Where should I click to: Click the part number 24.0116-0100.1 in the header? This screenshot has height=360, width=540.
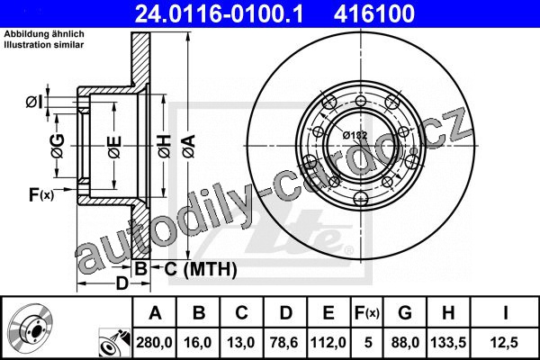point(219,13)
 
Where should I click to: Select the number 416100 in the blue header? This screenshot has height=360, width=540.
point(374,13)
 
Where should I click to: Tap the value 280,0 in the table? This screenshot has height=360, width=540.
point(154,342)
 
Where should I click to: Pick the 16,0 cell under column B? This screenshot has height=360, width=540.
point(198,342)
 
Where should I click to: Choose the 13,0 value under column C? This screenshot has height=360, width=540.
point(241,342)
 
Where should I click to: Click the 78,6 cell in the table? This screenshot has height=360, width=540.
point(284,342)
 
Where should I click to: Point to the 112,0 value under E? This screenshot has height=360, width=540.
point(328,342)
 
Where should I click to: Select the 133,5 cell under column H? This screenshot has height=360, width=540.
point(448,342)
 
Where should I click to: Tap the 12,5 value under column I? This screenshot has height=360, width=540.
point(505,342)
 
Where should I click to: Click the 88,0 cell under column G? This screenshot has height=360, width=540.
point(405,342)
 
